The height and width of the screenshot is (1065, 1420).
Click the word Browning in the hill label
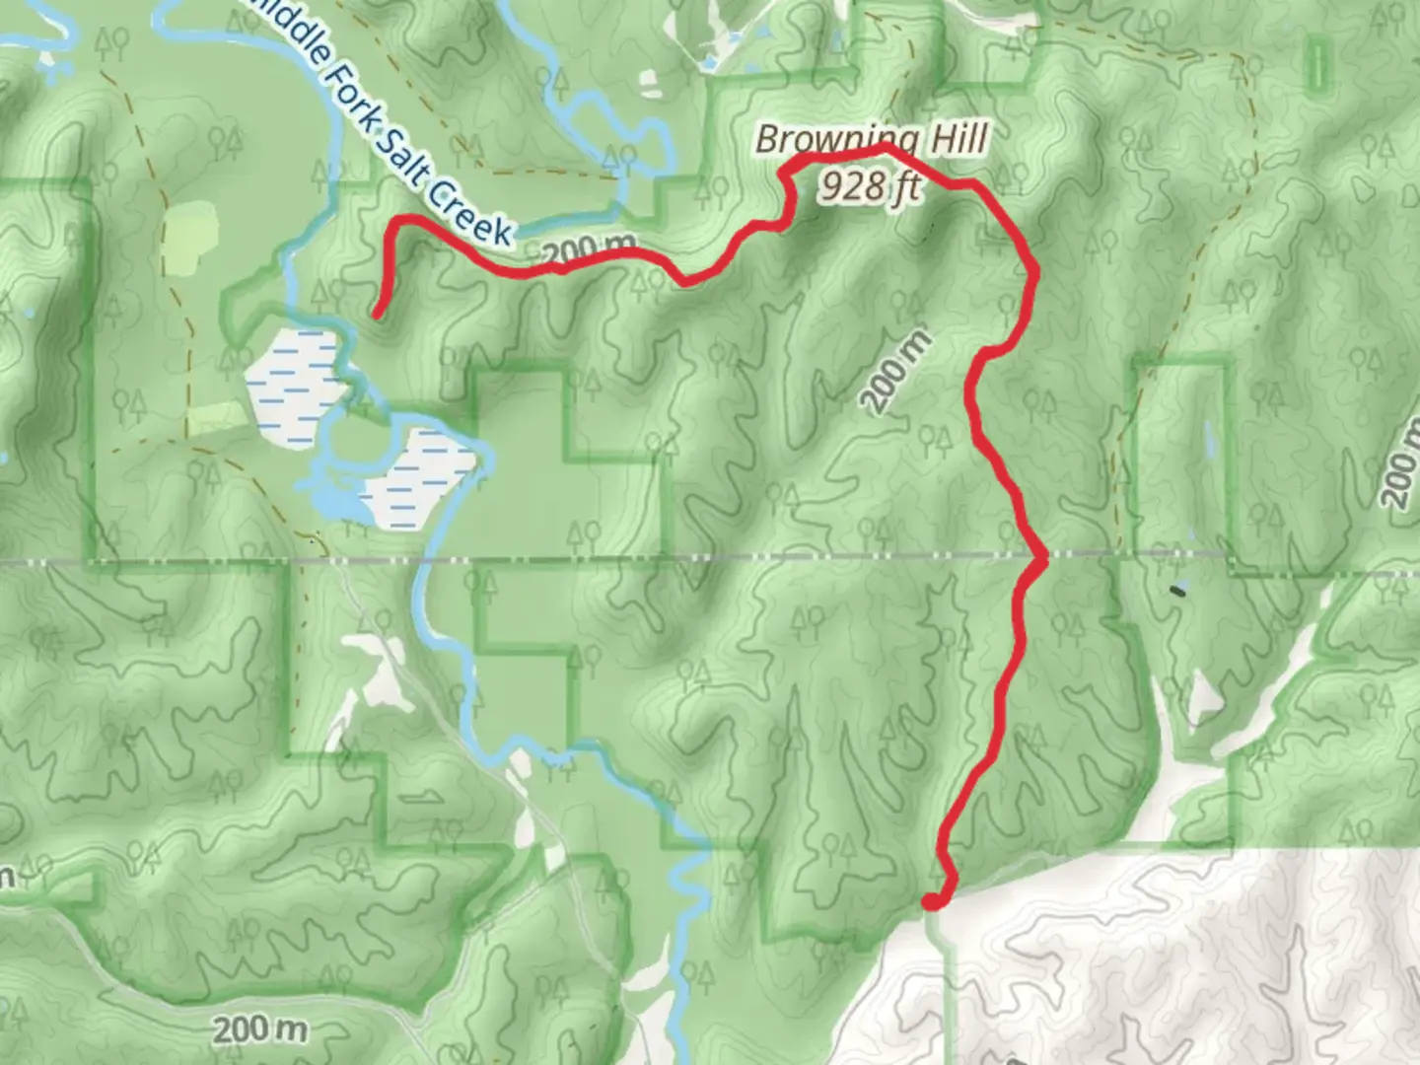(838, 140)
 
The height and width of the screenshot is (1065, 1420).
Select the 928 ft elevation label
(871, 184)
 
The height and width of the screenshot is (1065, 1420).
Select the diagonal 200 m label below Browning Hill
(894, 371)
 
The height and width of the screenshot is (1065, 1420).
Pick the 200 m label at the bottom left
(260, 1030)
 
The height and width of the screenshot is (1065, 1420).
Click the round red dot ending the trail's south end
(931, 899)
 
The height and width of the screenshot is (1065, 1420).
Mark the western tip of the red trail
(377, 315)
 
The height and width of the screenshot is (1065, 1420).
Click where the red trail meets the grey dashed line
(1040, 560)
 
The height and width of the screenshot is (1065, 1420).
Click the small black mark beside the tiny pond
(1176, 591)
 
